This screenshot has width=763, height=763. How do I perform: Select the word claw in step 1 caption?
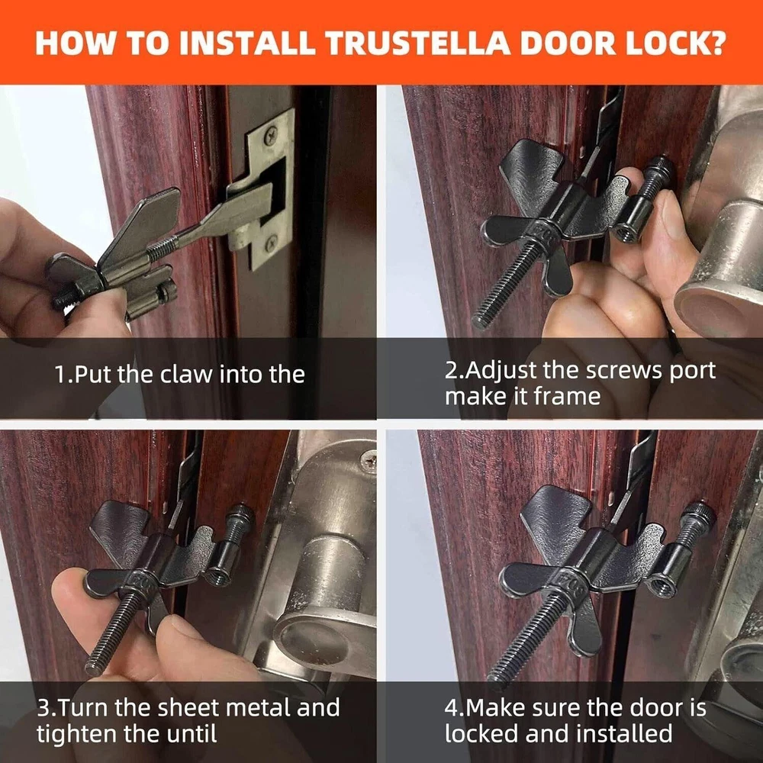point(187,374)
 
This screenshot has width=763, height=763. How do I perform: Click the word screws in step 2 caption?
point(623,371)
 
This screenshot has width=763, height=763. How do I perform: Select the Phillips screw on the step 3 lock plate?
point(369,460)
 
